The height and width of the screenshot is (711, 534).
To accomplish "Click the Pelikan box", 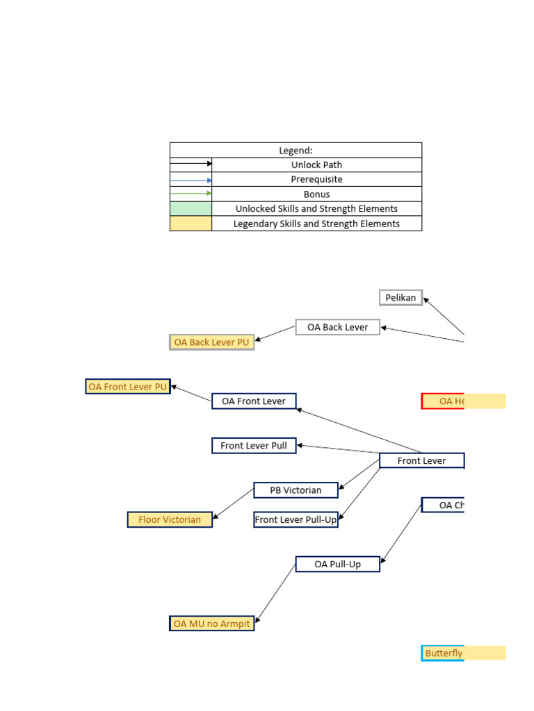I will [400, 298].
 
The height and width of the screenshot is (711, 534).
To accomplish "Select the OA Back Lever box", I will [338, 327].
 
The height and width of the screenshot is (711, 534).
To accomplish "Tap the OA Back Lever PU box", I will [212, 342].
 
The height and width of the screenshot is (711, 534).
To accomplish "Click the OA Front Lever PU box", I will [128, 387].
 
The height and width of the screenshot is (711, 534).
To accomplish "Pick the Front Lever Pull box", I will [254, 446].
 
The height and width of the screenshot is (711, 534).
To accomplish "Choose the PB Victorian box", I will [296, 490].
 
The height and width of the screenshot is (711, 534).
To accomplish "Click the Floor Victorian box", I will [170, 519].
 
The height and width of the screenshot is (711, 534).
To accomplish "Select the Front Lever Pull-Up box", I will [296, 519].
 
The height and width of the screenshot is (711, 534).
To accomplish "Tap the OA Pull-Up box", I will [338, 564].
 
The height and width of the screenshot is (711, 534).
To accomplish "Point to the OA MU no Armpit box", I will [212, 624].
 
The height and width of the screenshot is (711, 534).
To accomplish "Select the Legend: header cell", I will [296, 150].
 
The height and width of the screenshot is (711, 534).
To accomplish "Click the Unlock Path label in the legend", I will [316, 165].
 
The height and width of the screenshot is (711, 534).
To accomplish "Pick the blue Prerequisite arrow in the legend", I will [191, 180].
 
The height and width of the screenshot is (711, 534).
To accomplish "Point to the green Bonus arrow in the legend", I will [191, 194].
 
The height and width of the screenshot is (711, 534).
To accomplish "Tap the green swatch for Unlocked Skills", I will [191, 208].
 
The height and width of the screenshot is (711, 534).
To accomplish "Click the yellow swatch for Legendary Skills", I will [191, 224].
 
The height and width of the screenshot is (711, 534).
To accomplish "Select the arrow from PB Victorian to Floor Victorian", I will [234, 503].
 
